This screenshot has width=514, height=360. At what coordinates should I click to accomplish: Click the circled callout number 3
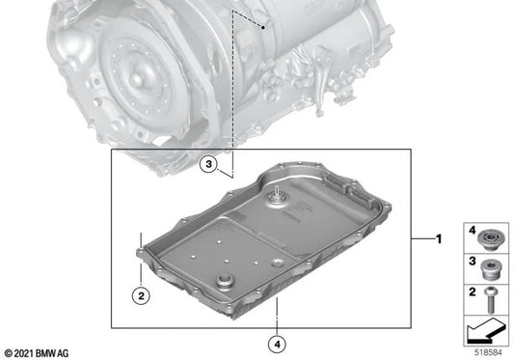tap(207, 165)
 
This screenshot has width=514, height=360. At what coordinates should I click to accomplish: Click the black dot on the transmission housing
tap(263, 28)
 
